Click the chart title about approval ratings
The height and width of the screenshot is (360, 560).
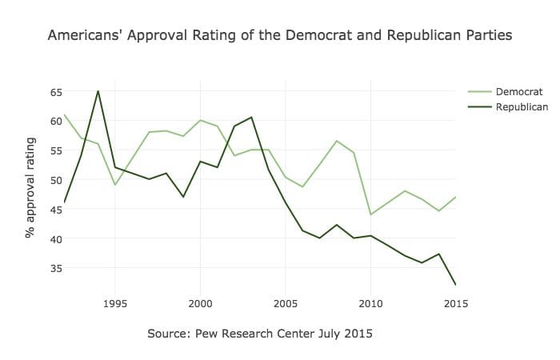pos(280,36)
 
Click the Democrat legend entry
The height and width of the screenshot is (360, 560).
pos(519,91)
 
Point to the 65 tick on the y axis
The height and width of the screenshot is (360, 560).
pos(55,92)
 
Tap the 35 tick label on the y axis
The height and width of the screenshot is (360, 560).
pos(55,268)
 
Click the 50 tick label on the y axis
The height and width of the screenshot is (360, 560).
pos(55,180)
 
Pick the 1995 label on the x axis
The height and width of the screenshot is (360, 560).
pos(114,304)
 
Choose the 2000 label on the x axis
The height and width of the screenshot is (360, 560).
pos(200,304)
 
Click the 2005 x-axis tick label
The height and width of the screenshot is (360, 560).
pos(286,304)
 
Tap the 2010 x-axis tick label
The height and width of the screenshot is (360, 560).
pos(370,304)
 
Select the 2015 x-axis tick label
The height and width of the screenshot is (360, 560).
pos(455,304)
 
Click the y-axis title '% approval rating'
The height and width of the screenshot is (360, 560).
pos(30,188)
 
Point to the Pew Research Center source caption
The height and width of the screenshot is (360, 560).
pos(260,333)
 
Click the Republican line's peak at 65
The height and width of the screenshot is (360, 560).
pos(98,91)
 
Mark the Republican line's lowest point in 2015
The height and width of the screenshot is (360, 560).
pos(456,285)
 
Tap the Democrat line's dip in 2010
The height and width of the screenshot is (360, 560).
pos(370,214)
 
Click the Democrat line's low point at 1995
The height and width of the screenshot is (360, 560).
pos(114,185)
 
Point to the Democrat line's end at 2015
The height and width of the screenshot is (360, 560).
pos(456,197)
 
